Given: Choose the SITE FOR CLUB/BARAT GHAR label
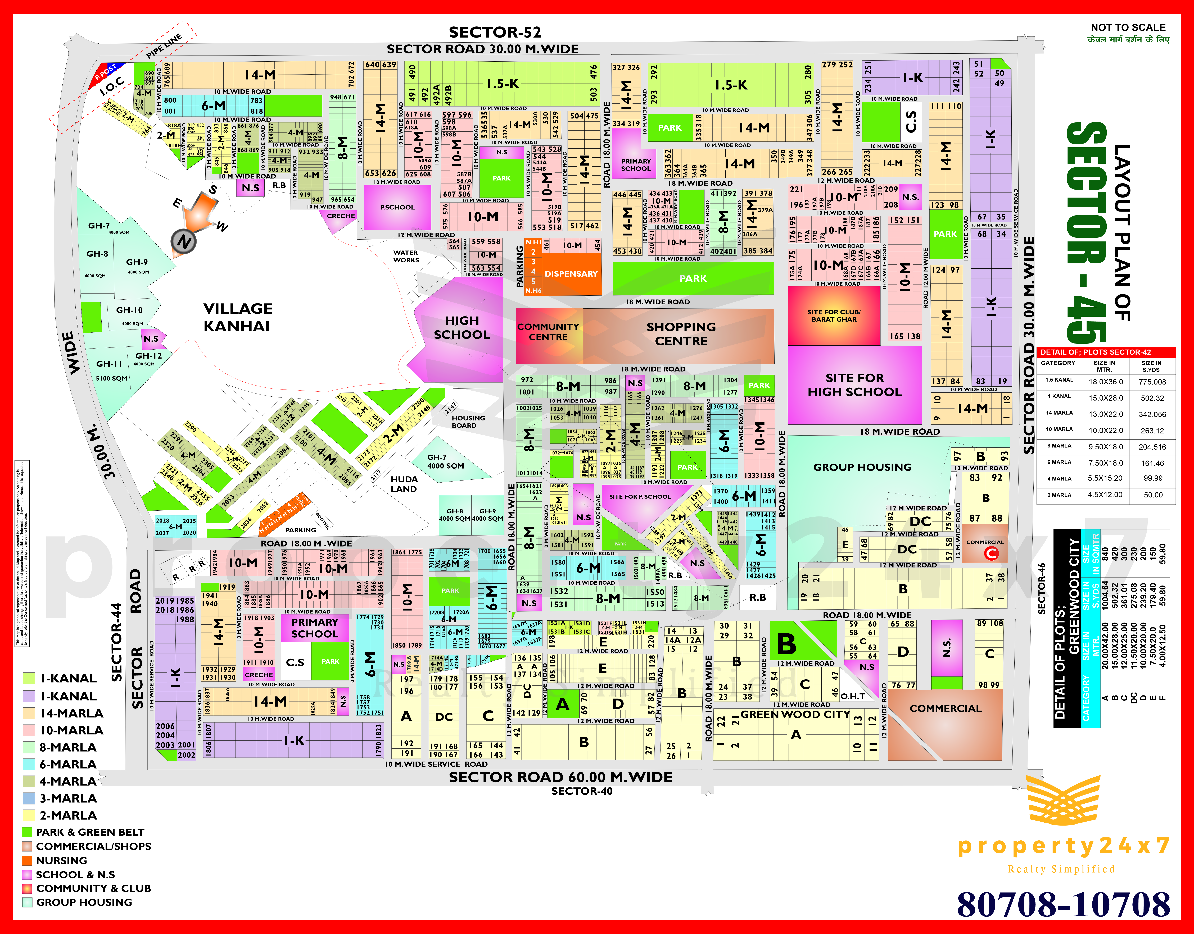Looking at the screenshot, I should tap(834, 315).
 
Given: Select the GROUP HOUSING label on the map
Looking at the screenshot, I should tap(862, 467).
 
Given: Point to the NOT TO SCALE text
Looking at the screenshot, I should tap(1128, 27).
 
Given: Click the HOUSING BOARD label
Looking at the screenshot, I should tap(468, 422).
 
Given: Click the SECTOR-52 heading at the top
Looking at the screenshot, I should tap(494, 32).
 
